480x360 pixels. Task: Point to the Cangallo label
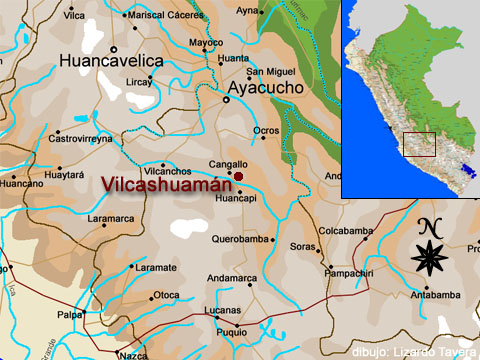pos(227,164)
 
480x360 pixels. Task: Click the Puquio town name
pos(231,331)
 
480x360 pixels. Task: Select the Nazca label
pos(132,355)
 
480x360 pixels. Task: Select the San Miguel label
pos(271,71)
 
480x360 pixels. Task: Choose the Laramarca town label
pos(110,217)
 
